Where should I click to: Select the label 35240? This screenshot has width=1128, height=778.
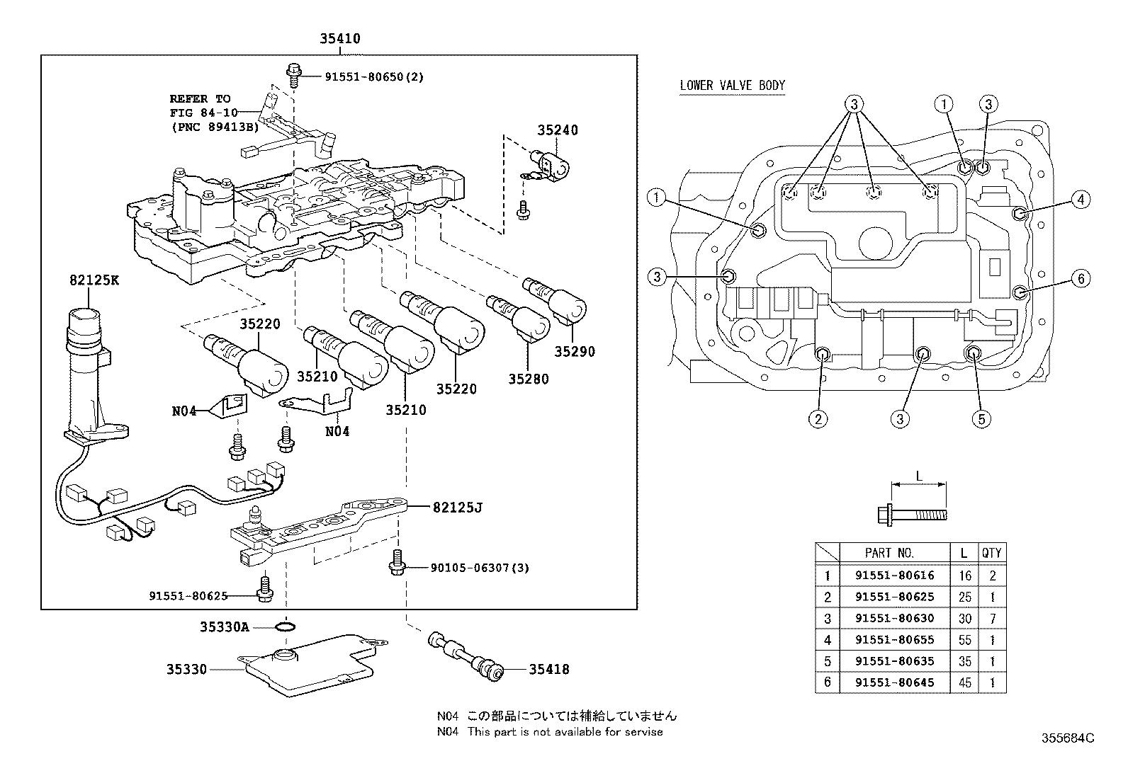557,130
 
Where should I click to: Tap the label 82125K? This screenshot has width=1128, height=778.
94,280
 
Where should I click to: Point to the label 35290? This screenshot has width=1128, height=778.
575,351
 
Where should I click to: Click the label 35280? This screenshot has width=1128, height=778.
528,379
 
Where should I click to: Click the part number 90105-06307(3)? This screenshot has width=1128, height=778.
480,568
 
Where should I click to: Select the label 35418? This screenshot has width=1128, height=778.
549,669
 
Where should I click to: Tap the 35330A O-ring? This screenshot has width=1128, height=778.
285,627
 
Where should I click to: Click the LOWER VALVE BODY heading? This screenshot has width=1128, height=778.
732,86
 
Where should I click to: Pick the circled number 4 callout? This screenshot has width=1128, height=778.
1080,200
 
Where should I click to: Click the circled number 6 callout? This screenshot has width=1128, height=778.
1080,279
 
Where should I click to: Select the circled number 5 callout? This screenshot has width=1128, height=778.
981,419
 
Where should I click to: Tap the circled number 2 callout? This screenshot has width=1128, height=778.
818,419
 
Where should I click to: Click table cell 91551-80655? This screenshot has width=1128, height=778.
894,639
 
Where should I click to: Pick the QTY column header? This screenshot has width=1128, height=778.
992,553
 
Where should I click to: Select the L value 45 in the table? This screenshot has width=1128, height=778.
964,682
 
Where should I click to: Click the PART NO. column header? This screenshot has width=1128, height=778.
889,553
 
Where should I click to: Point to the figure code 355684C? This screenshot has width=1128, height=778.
1067,738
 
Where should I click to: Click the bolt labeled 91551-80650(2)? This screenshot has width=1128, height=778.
293,70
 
